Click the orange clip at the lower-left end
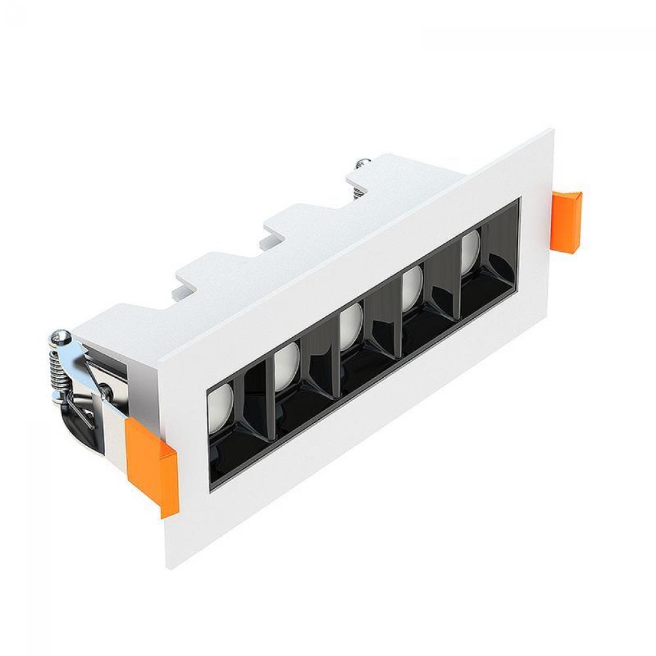152,464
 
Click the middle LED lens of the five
351,325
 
